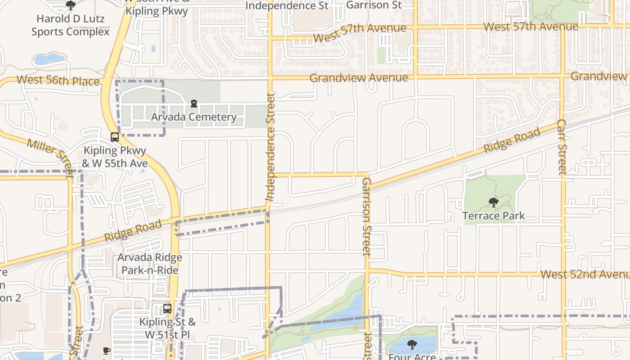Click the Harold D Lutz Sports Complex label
point(71,25)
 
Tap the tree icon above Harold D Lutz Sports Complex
point(70,5)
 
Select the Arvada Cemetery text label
point(193,117)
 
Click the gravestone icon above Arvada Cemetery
point(194,104)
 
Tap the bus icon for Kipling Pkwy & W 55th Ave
point(115,137)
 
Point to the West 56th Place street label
point(58,81)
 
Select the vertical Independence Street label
point(270,147)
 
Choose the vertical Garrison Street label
point(366,216)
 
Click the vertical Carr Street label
point(562,147)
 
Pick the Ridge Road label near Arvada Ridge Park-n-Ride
point(133,231)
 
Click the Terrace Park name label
point(494,216)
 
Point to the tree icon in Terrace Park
point(494,202)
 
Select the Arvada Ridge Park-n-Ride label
point(150,264)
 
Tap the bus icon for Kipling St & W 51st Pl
point(167,309)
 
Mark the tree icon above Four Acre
point(412,345)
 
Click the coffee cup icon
point(107,351)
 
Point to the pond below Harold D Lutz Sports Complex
point(49,59)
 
